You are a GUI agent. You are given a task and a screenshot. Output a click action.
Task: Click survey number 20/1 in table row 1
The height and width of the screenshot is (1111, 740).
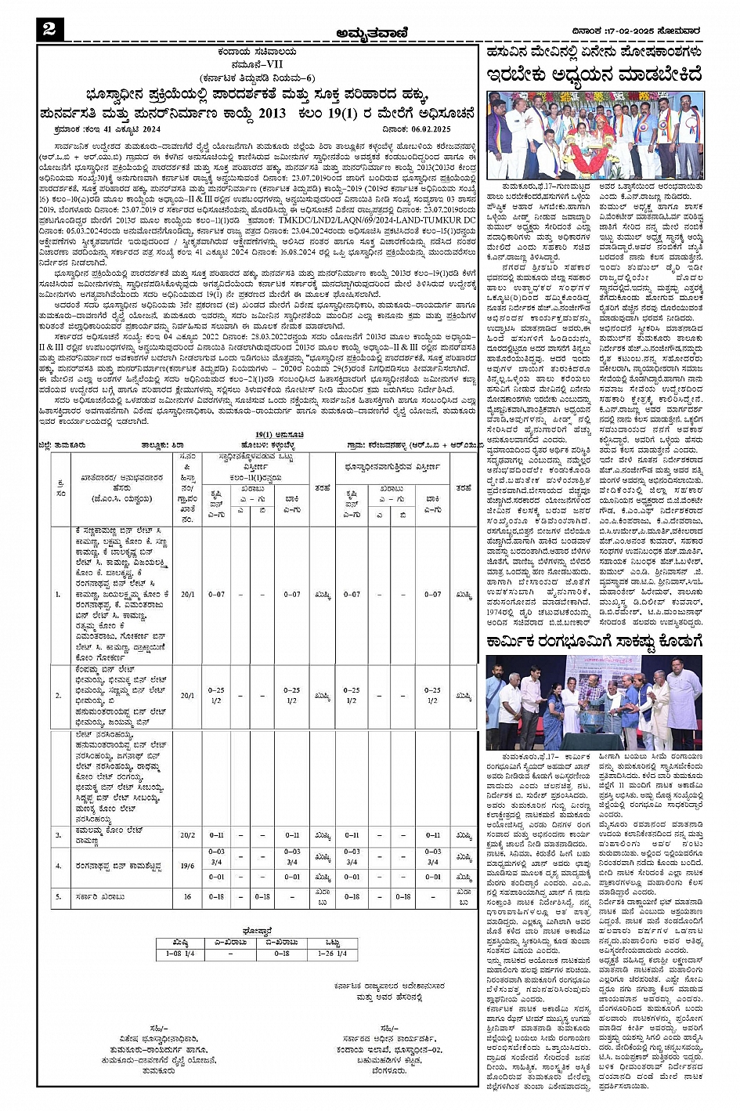coord(188,595)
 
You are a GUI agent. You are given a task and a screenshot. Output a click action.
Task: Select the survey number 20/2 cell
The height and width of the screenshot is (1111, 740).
coord(188,835)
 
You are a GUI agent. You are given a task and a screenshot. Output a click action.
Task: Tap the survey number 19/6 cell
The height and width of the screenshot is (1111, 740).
coord(188,865)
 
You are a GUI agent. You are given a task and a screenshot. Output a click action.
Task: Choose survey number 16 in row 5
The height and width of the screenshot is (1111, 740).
coord(188,896)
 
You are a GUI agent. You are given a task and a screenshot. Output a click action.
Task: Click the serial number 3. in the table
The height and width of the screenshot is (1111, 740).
coord(58,835)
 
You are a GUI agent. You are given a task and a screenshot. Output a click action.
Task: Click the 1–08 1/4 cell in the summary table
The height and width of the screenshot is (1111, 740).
coord(180,954)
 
